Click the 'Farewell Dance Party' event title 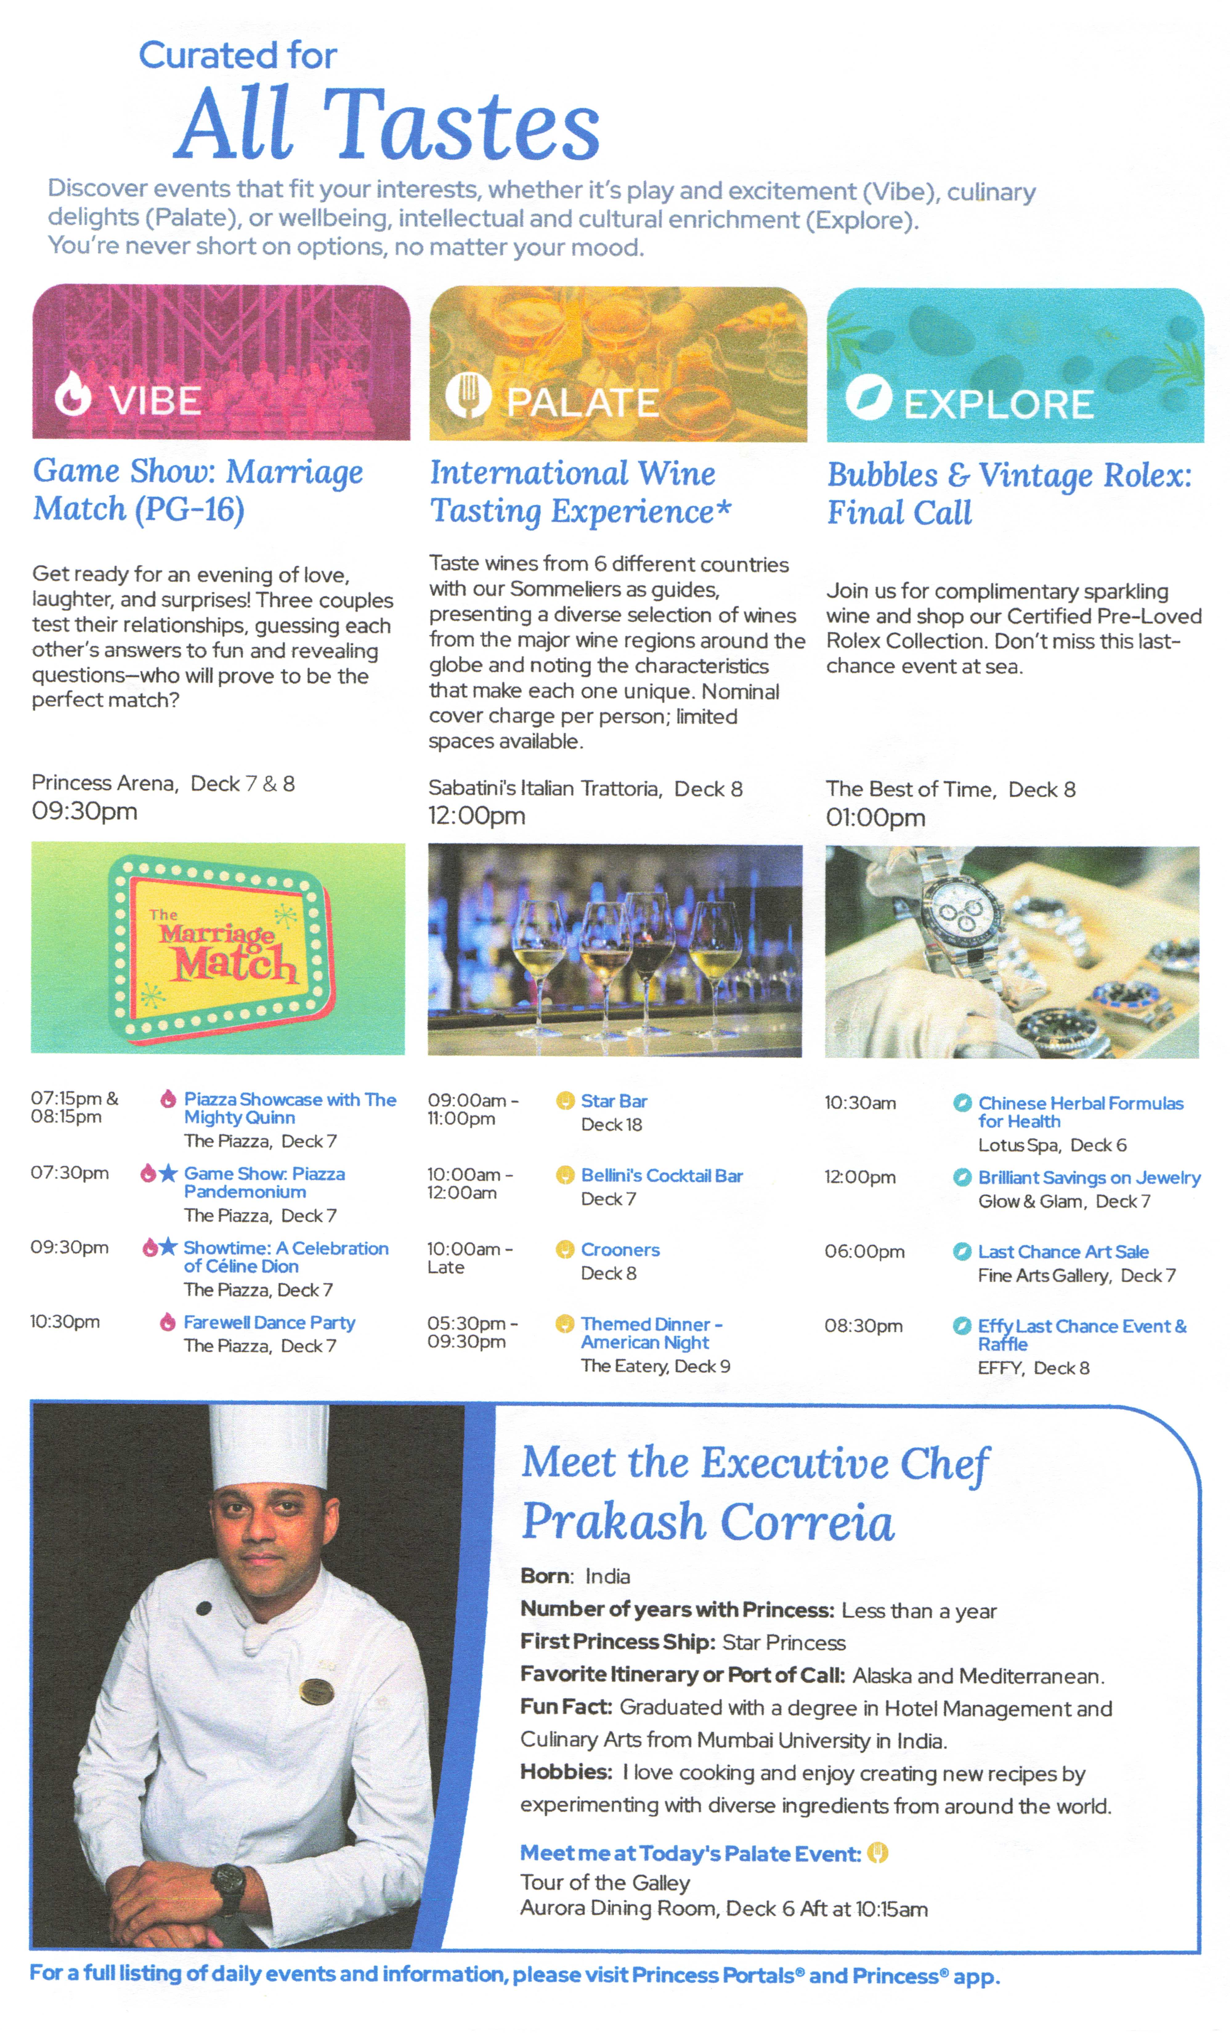tap(269, 1322)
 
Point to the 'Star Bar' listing tap(614, 1101)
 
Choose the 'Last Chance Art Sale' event tap(1063, 1251)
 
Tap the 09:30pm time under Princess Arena tap(84, 811)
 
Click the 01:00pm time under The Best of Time tap(876, 818)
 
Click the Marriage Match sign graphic tap(221, 946)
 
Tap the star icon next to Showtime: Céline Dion tap(168, 1246)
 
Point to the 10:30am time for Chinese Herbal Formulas tap(860, 1102)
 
